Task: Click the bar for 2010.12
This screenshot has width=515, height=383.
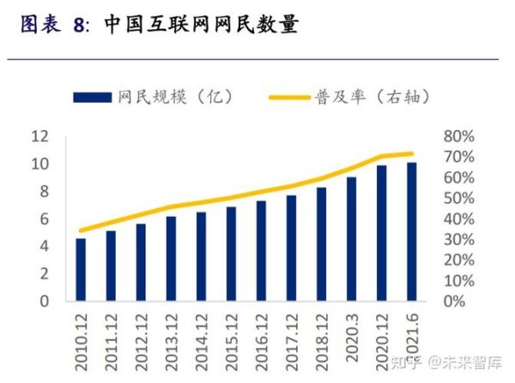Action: coord(81,270)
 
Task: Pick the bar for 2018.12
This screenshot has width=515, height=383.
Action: coord(321,244)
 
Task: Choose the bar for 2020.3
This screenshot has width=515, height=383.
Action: coord(351,239)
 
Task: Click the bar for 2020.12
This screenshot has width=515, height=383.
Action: coord(381,233)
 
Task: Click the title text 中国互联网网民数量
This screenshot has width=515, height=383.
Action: coord(201,26)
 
